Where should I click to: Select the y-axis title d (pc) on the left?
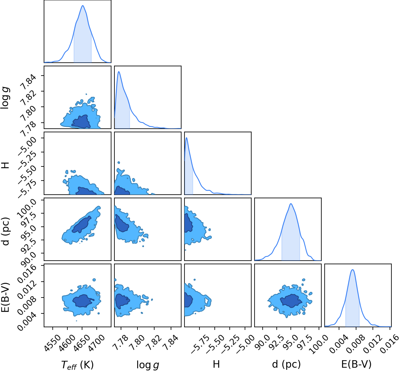5,232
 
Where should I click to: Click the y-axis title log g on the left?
5,98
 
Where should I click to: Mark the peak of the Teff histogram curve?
83,5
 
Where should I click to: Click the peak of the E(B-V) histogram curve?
352,270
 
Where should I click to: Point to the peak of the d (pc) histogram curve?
291,204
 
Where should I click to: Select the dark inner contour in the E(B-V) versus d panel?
291,301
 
